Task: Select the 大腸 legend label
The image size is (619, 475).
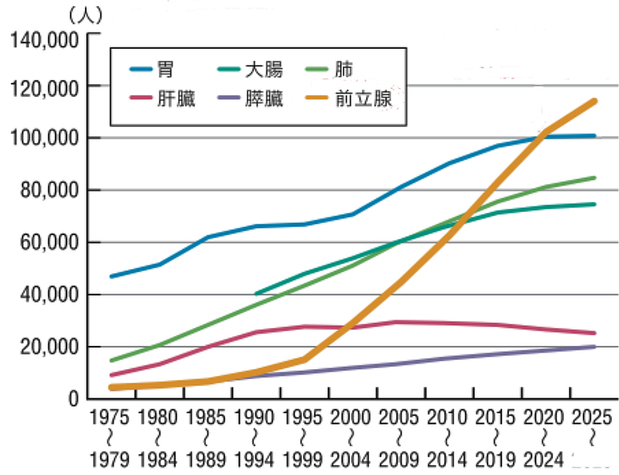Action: tap(264, 70)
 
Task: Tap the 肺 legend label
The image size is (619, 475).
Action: tap(344, 70)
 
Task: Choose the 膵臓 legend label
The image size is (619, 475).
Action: tap(264, 98)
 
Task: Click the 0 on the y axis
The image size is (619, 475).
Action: tap(74, 399)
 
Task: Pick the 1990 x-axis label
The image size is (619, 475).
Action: tap(256, 418)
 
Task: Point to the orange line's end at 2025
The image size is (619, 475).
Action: tap(594, 101)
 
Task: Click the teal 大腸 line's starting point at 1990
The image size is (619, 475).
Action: tap(256, 294)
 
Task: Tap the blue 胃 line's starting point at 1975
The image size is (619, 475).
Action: tap(112, 276)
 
